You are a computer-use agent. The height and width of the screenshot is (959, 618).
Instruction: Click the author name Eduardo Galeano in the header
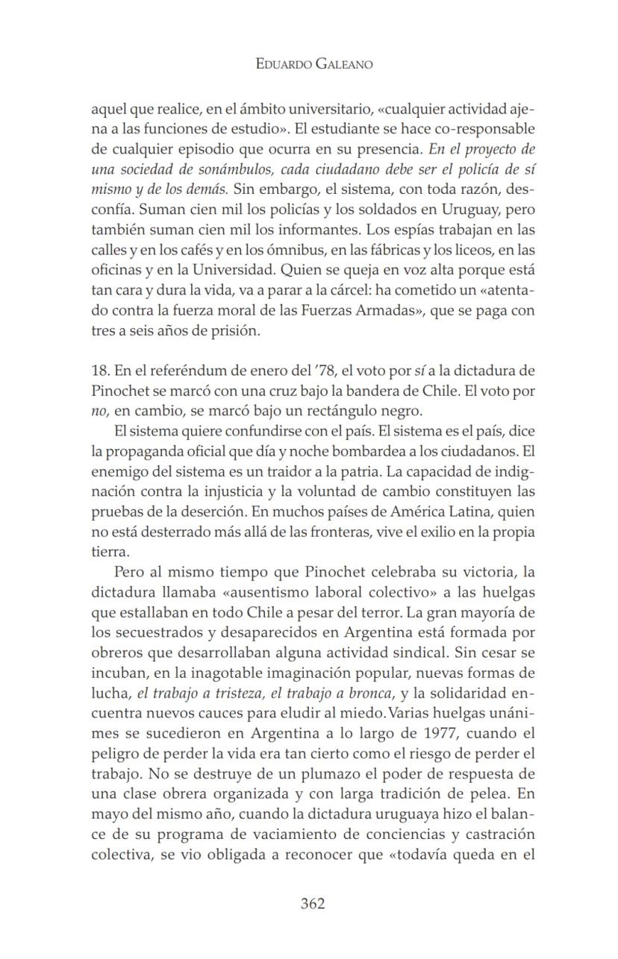tap(313, 64)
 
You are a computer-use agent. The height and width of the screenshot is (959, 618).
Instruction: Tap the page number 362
tap(312, 904)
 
